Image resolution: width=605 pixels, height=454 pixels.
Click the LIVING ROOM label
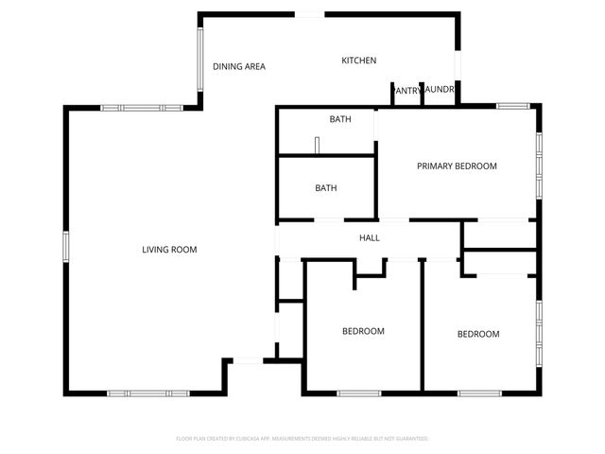pyautogui.click(x=169, y=250)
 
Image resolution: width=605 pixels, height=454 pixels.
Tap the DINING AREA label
pyautogui.click(x=238, y=66)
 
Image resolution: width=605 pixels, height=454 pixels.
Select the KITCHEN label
pyautogui.click(x=359, y=61)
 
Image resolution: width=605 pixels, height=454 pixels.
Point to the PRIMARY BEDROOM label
pyautogui.click(x=457, y=166)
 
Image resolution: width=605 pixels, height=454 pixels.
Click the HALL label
pyautogui.click(x=370, y=237)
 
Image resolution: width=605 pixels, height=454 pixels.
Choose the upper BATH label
pyautogui.click(x=340, y=119)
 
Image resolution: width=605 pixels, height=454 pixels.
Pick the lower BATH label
pyautogui.click(x=326, y=188)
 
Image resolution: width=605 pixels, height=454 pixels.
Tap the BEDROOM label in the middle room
pyautogui.click(x=363, y=331)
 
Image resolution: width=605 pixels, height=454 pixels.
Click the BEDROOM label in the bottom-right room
pyautogui.click(x=478, y=334)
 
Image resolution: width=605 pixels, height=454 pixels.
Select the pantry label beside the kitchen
pyautogui.click(x=407, y=90)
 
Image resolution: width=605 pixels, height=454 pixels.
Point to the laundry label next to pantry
pyautogui.click(x=441, y=90)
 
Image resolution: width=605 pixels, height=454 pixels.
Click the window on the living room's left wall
pyautogui.click(x=66, y=246)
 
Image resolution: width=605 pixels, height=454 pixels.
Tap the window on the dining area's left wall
pyautogui.click(x=199, y=58)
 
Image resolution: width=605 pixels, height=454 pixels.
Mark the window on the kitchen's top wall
pyautogui.click(x=309, y=13)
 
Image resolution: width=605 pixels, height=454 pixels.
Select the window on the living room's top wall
pyautogui.click(x=133, y=109)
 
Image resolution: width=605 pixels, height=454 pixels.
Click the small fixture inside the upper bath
pyautogui.click(x=319, y=145)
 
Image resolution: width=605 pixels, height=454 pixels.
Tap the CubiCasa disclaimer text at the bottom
pyautogui.click(x=302, y=439)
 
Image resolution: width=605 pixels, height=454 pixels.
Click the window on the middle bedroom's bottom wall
pyautogui.click(x=359, y=393)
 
